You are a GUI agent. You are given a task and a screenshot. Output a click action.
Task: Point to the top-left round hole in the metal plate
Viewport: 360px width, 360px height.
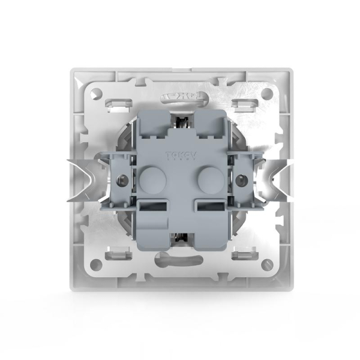(94, 94)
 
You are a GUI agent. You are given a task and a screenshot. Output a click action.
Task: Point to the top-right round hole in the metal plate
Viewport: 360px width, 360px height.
(265, 94)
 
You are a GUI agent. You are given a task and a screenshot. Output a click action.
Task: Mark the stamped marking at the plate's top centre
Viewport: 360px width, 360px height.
(179, 96)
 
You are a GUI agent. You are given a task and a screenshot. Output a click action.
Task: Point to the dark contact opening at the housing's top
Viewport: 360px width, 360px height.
(179, 122)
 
